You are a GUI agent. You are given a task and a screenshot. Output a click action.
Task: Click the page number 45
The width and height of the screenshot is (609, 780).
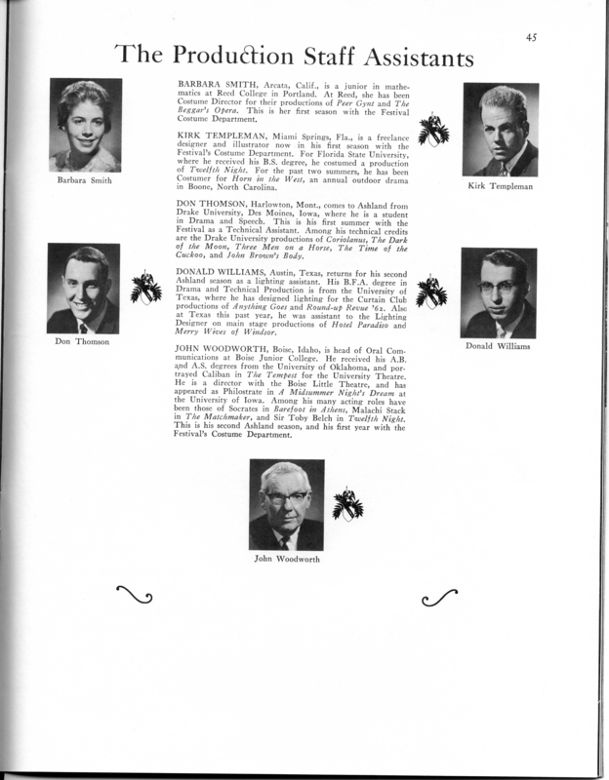click(530, 39)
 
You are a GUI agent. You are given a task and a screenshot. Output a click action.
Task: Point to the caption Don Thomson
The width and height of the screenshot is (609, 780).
click(81, 343)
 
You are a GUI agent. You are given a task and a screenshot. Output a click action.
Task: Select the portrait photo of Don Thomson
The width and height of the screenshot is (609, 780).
click(83, 290)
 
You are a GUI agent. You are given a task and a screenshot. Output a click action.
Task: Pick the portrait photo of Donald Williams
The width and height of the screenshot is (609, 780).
click(499, 293)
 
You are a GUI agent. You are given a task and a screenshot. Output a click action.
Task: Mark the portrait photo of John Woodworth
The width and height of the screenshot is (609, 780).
click(286, 505)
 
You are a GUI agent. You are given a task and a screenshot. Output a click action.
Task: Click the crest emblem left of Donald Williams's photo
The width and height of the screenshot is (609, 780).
click(430, 293)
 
